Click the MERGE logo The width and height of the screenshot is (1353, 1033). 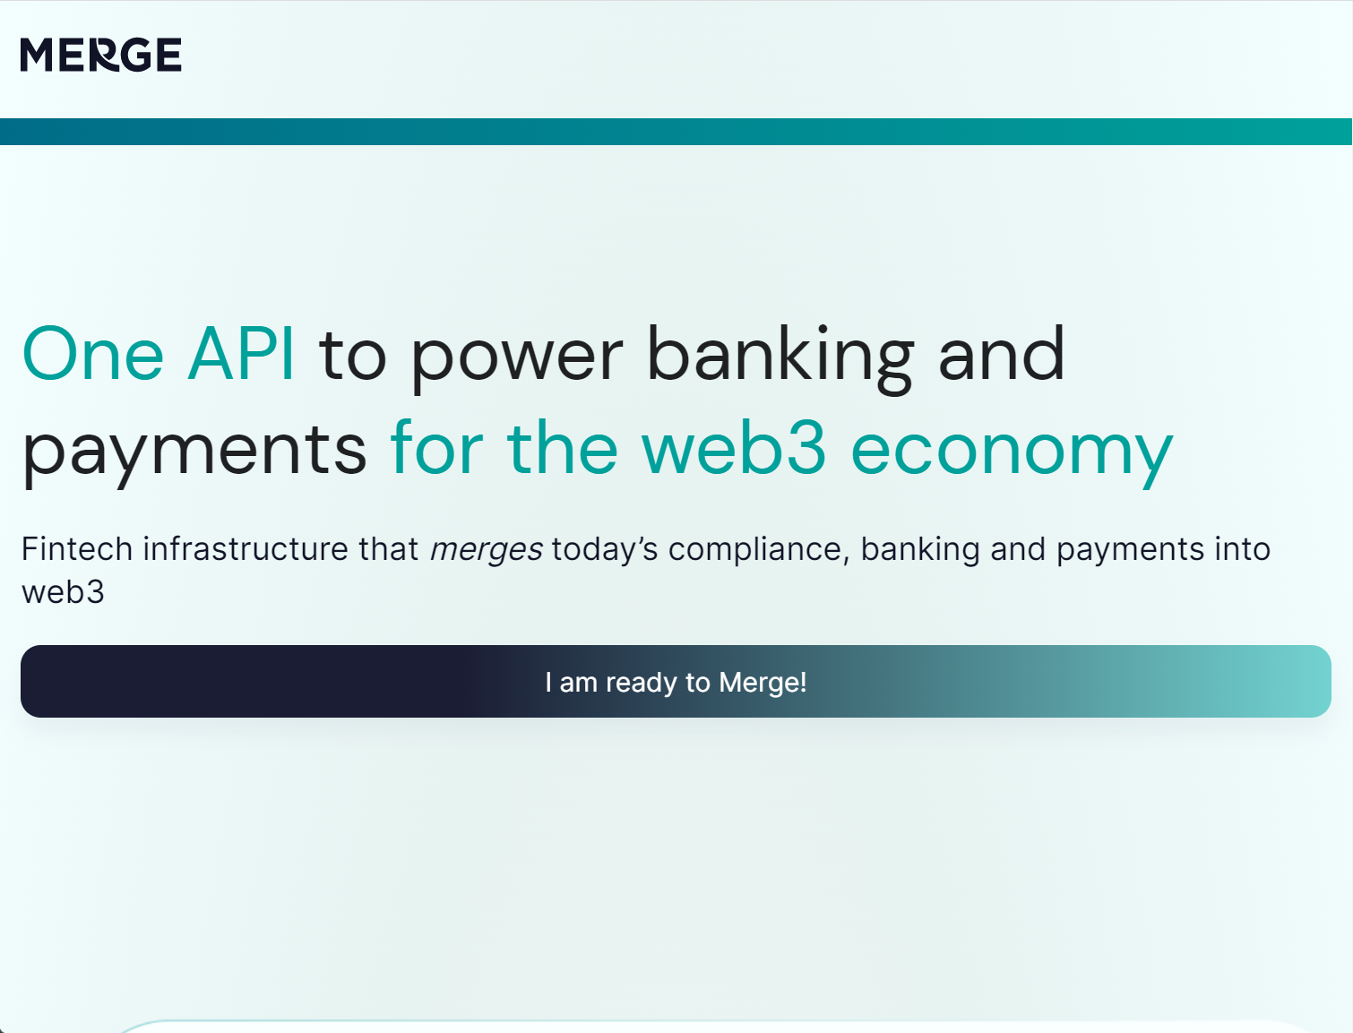(x=100, y=55)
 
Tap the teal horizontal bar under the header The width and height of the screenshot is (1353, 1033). (x=676, y=132)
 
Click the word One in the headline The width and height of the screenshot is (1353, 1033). (x=93, y=355)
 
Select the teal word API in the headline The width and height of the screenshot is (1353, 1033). (x=241, y=355)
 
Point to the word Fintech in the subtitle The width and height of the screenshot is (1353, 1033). (x=77, y=549)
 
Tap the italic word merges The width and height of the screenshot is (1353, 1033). (x=486, y=550)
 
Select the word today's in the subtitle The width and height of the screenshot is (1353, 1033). (x=605, y=549)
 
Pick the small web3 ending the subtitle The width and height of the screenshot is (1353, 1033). (x=63, y=592)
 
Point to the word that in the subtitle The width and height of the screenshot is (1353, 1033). (x=389, y=549)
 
